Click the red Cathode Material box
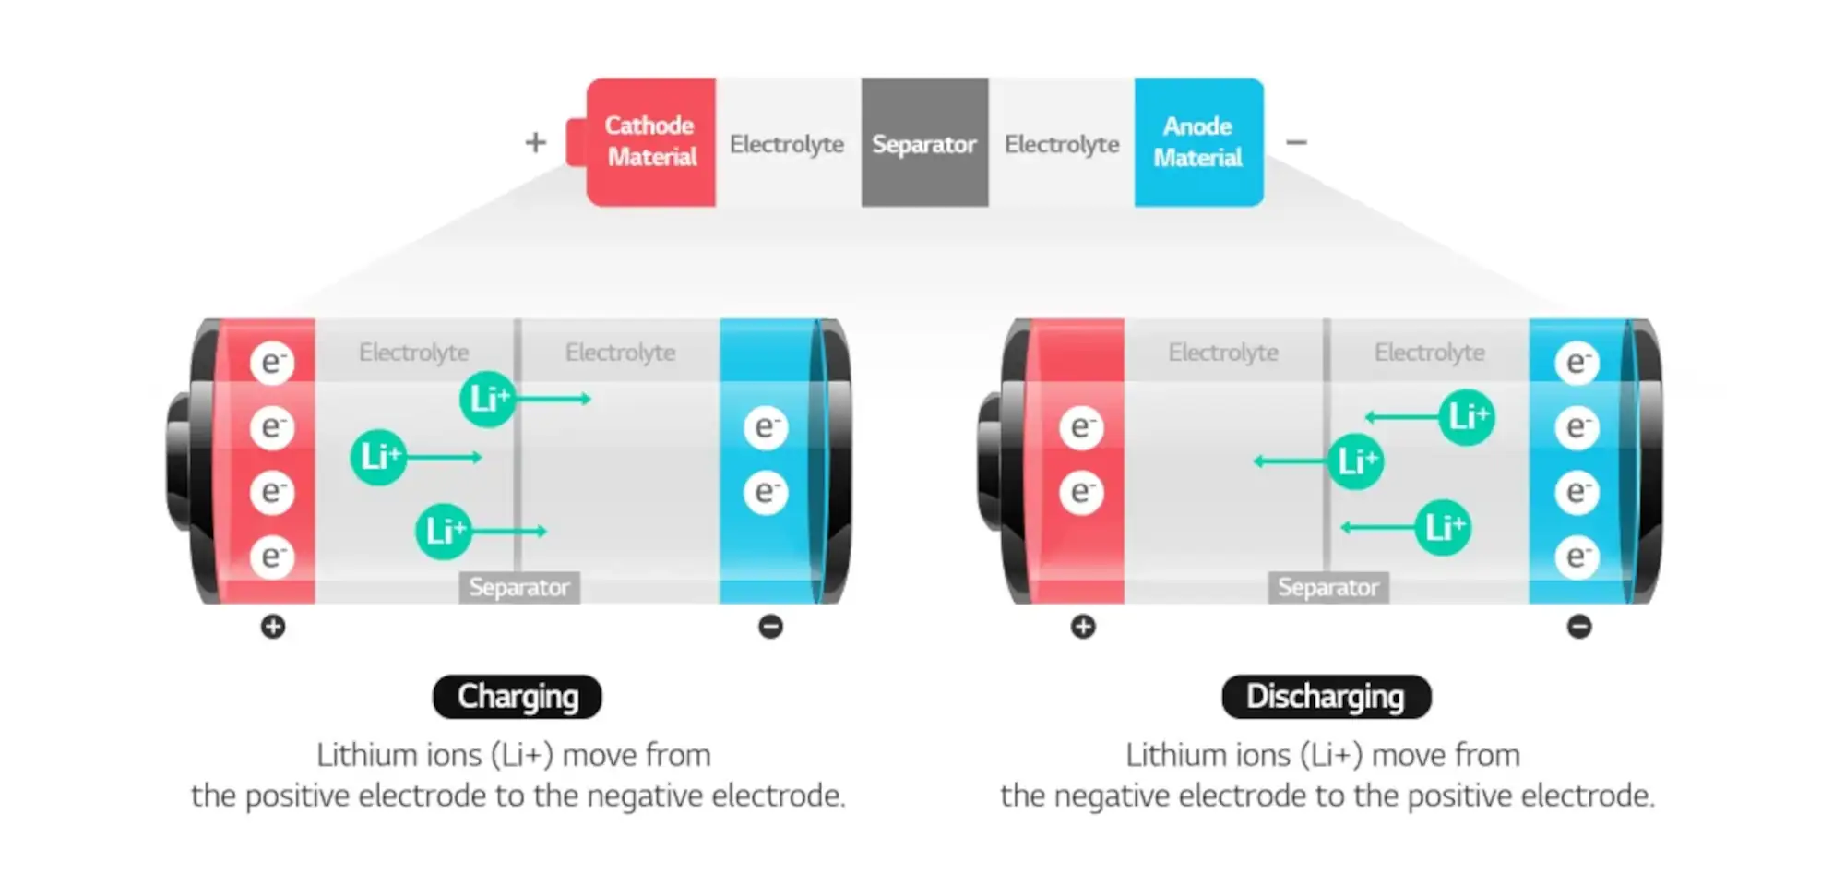click(650, 142)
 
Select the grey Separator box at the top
click(924, 142)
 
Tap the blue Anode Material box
click(1198, 142)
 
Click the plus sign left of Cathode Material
click(535, 142)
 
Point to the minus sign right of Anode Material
click(1296, 142)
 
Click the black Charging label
click(518, 697)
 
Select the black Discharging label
click(1326, 697)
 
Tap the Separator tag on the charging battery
click(519, 587)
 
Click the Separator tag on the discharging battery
click(1328, 587)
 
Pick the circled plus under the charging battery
click(273, 627)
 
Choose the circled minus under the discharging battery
click(1579, 627)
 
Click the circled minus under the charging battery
click(770, 627)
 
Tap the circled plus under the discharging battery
click(1083, 627)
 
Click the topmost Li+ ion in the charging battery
click(488, 399)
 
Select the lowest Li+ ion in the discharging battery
click(1443, 527)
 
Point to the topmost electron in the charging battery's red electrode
click(272, 362)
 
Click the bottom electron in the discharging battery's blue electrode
click(1577, 557)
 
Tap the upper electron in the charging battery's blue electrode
click(766, 427)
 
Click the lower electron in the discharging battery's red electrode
click(1081, 492)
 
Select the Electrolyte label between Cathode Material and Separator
click(787, 144)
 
